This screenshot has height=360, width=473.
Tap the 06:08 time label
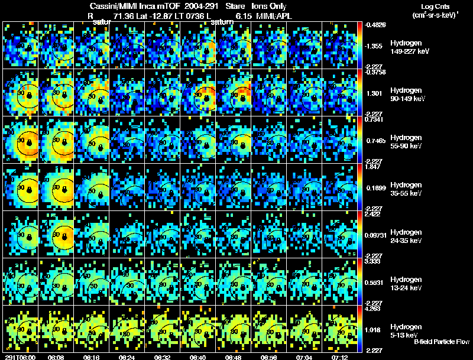pyautogui.click(x=56, y=357)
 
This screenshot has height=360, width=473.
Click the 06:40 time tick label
pyautogui.click(x=198, y=357)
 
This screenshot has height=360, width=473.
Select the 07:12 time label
pyautogui.click(x=341, y=357)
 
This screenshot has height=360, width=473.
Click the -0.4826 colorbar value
pyautogui.click(x=376, y=25)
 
